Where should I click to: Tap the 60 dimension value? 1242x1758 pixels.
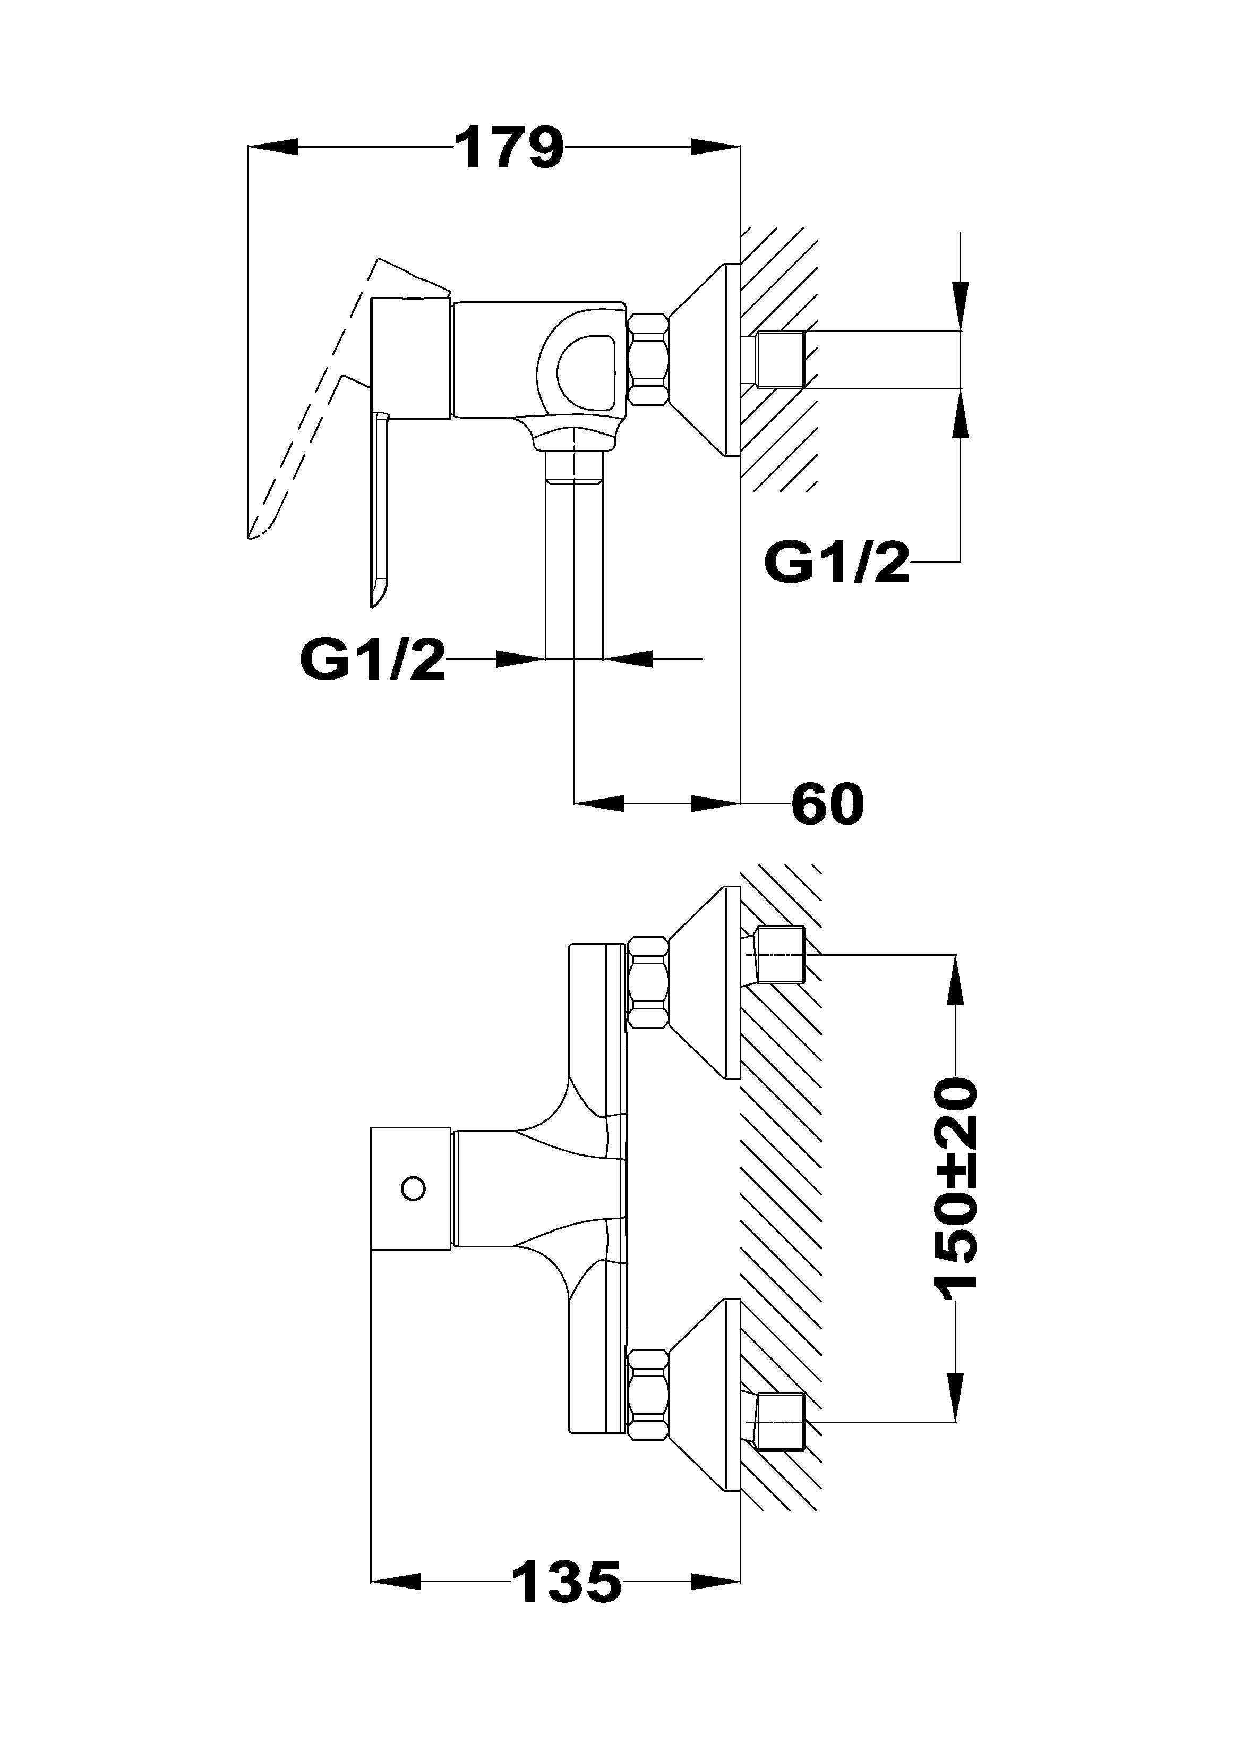coord(828,803)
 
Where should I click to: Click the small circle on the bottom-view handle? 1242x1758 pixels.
coord(413,1188)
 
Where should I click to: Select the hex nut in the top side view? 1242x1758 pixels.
coord(648,360)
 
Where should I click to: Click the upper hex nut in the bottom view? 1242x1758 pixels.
coord(648,983)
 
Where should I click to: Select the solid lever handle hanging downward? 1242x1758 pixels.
coord(381,505)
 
